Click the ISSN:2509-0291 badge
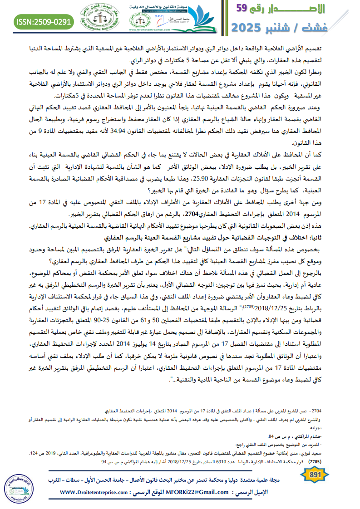click(x=44, y=21)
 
